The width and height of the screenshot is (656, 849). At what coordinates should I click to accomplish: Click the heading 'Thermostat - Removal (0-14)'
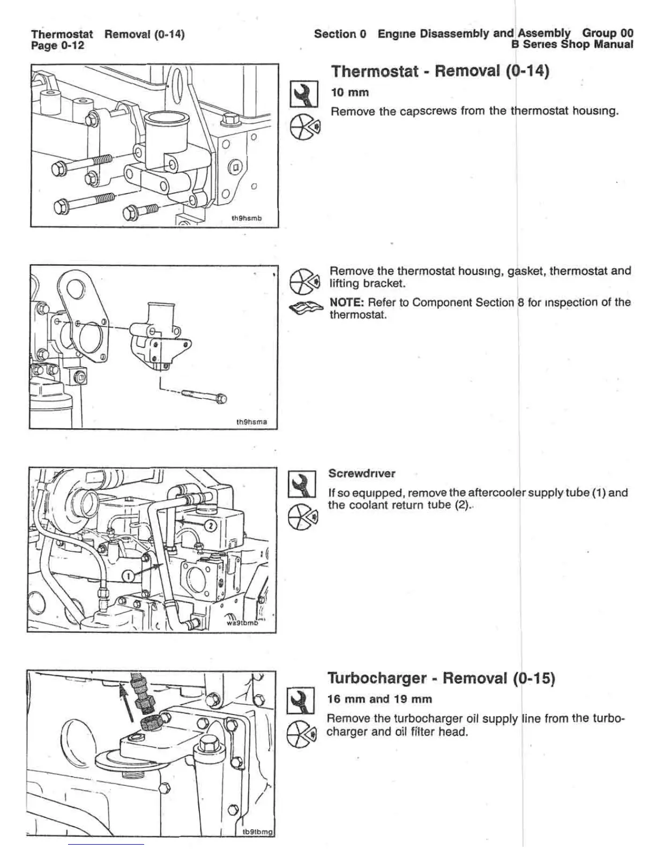click(x=440, y=71)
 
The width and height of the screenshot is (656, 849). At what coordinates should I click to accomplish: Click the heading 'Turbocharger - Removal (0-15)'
click(x=441, y=679)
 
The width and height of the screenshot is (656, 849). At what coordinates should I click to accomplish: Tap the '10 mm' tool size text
click(x=350, y=92)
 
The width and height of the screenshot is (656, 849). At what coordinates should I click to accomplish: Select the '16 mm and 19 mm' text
click(x=379, y=699)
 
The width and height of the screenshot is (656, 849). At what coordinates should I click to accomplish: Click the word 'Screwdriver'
click(x=362, y=473)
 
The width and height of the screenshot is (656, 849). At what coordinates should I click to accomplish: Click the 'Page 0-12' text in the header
click(x=58, y=46)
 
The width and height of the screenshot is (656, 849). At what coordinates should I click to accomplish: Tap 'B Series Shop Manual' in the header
click(x=572, y=44)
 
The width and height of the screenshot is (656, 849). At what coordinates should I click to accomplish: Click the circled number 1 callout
click(x=129, y=576)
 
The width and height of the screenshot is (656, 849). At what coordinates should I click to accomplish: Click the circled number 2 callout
click(x=211, y=525)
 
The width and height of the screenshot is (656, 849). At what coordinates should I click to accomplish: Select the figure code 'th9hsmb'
click(x=246, y=218)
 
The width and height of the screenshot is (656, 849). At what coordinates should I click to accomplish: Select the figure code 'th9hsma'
click(x=251, y=422)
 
